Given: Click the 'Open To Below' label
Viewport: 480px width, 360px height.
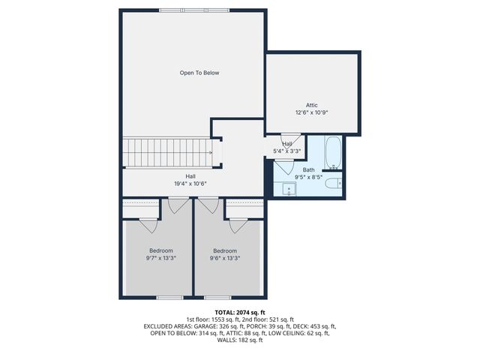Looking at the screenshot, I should (199, 73).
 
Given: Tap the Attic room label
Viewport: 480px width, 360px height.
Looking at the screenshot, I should (311, 105).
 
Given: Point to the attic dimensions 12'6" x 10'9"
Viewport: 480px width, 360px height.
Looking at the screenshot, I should (311, 112).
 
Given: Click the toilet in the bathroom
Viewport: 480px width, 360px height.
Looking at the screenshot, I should (337, 182).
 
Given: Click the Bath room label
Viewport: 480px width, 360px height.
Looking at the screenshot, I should (309, 170).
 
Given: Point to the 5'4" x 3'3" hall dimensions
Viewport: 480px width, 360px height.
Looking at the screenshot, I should (287, 151).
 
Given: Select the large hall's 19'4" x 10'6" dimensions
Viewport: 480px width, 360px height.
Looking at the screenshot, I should (190, 182).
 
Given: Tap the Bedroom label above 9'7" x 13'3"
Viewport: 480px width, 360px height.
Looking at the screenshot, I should (161, 250).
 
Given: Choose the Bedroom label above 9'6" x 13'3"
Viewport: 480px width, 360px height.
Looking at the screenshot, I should (224, 250).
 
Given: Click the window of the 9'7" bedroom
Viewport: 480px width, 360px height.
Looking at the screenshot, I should (169, 298).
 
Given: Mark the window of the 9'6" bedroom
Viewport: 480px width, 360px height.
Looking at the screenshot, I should (217, 298).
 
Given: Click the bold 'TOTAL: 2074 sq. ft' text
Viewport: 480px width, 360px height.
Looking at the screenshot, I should (240, 312).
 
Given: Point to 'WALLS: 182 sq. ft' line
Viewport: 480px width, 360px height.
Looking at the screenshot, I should (240, 340).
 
